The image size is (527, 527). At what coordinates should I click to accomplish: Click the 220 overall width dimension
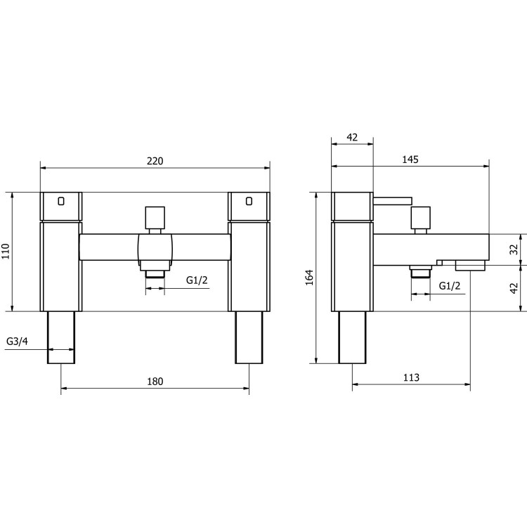pos(155,161)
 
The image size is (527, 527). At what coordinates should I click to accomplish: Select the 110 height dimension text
pos(7,252)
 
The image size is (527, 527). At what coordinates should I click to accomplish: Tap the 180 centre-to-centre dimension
pos(155,382)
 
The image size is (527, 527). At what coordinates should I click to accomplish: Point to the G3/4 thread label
pos(17,341)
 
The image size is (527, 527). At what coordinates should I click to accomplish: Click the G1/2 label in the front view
pos(196,280)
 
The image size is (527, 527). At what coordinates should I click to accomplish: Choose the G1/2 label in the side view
pos(450,285)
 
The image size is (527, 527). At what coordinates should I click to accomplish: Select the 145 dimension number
pos(410,160)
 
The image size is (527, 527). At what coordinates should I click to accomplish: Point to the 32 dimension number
pos(514,249)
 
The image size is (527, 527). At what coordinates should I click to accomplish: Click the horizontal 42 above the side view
pos(352,137)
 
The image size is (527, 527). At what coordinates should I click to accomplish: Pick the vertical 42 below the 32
pos(514,287)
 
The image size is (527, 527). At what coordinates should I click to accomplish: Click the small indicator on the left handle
pos(61,201)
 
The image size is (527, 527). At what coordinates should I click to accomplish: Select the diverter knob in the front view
pos(155,219)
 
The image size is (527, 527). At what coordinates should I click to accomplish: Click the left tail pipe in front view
pos(61,337)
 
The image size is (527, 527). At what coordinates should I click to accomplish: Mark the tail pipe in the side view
pos(352,337)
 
